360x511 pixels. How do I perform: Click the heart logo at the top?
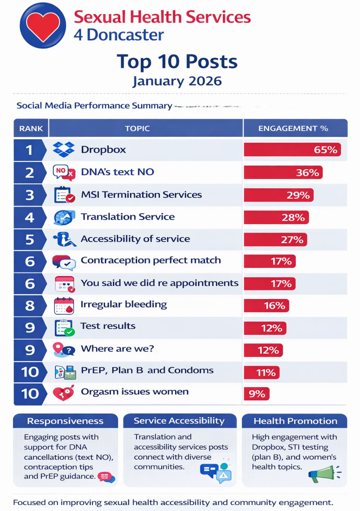(43, 25)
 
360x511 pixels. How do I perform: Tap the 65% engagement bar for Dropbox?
(292, 149)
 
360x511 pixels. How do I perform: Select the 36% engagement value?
(307, 172)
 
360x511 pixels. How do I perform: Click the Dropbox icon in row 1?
(64, 149)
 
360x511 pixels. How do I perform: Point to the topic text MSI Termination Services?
(141, 195)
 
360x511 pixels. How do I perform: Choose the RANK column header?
(31, 129)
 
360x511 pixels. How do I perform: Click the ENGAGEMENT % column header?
(293, 129)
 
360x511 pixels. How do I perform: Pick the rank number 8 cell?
(30, 305)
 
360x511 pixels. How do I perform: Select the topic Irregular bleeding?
(124, 304)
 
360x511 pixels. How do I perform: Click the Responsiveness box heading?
(65, 421)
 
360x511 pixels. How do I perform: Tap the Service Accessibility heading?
(179, 421)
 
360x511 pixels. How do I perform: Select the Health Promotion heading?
(295, 421)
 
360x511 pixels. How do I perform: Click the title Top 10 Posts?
(177, 62)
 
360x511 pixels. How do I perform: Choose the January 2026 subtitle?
(177, 81)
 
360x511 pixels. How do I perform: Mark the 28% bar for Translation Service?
(276, 217)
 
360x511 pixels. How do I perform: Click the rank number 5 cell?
(30, 239)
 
